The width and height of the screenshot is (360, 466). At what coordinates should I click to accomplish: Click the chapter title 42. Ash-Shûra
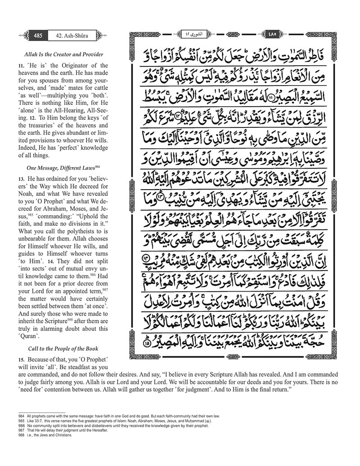67,34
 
